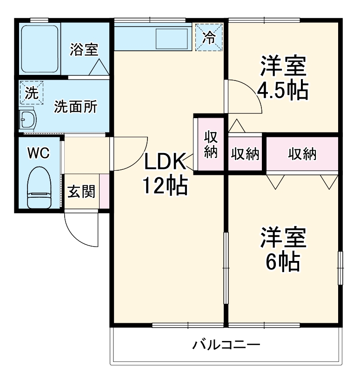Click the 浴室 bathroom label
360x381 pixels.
pyautogui.click(x=84, y=50)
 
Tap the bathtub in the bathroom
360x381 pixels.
pyautogui.click(x=40, y=48)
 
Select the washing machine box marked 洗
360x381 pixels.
pyautogui.click(x=31, y=93)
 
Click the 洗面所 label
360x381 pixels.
pyautogui.click(x=76, y=107)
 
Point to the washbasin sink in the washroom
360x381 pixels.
pyautogui.click(x=28, y=120)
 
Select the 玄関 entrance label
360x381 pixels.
pyautogui.click(x=81, y=191)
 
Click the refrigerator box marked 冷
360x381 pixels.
pyautogui.click(x=209, y=37)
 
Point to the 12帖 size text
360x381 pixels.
pyautogui.click(x=164, y=186)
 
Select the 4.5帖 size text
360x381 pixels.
pyautogui.click(x=283, y=91)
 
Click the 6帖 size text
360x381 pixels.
pyautogui.click(x=282, y=263)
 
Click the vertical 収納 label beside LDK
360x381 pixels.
pyautogui.click(x=211, y=145)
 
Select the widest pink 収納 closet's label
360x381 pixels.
pyautogui.click(x=302, y=154)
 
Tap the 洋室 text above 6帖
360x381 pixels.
pyautogui.click(x=283, y=238)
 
